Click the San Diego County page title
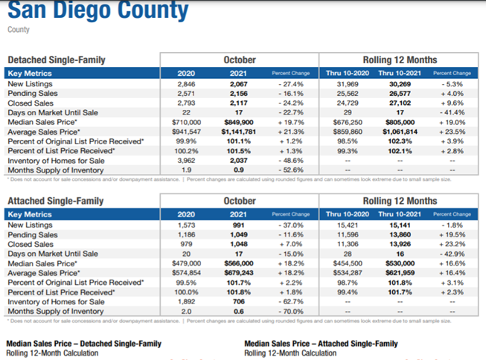(97, 11)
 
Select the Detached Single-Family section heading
(56, 60)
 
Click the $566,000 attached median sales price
(239, 263)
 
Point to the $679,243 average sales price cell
(239, 272)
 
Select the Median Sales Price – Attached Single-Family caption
(322, 344)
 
